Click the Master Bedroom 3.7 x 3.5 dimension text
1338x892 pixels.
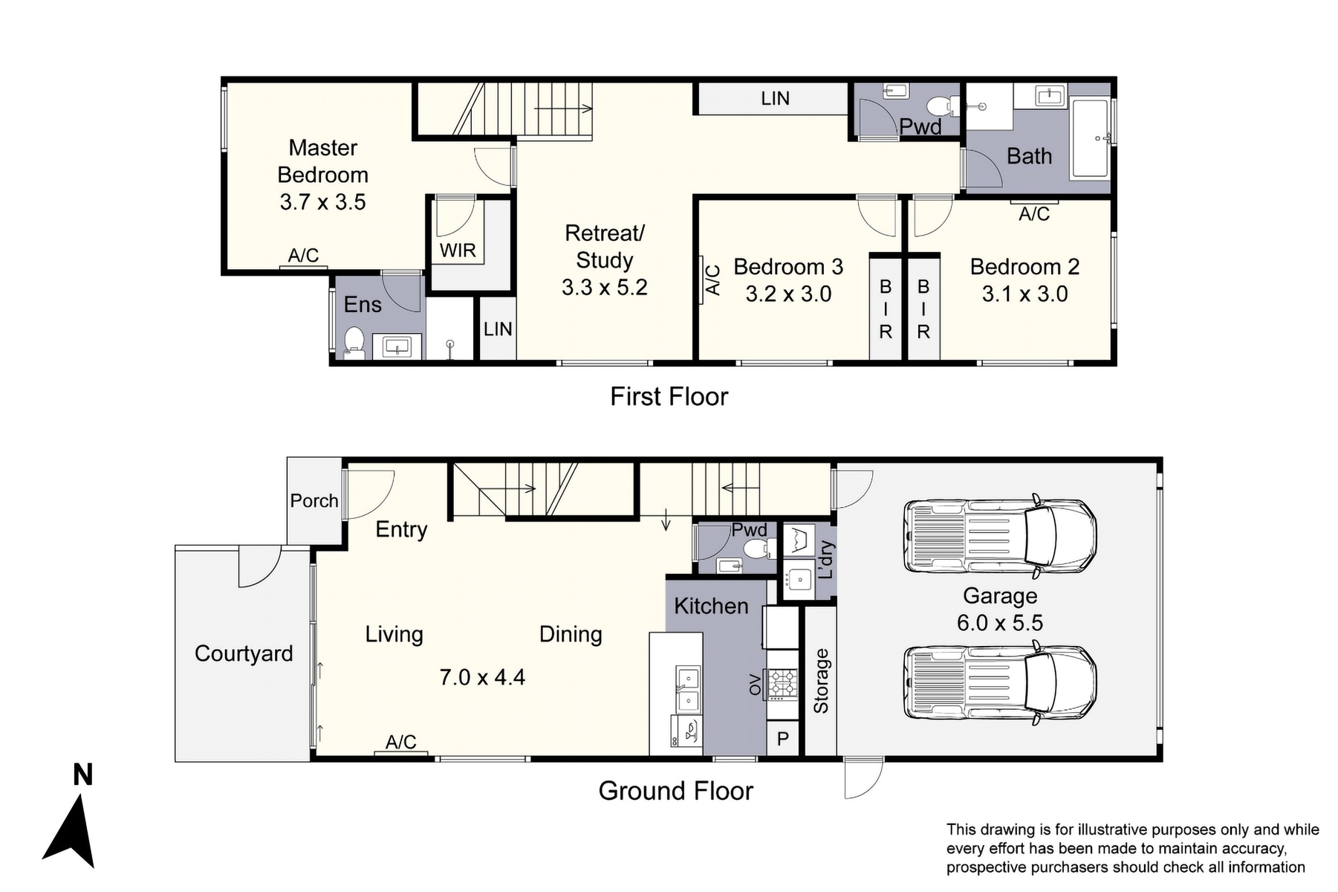(x=322, y=202)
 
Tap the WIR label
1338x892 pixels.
(x=458, y=251)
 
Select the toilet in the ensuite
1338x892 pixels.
(x=354, y=343)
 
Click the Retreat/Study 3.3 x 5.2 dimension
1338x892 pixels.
(x=604, y=288)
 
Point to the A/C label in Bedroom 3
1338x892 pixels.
(x=712, y=280)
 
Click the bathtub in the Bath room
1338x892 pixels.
(x=1090, y=139)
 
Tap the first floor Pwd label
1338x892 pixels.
(x=920, y=127)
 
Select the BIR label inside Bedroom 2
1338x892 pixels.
(x=923, y=309)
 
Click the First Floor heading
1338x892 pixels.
(x=669, y=397)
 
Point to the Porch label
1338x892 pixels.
(x=314, y=501)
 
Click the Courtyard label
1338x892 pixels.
(x=244, y=653)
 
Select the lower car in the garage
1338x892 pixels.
(x=1000, y=682)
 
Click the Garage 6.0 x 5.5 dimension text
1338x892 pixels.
(x=999, y=623)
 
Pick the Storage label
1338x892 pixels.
(x=821, y=681)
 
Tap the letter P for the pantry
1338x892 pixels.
(x=782, y=740)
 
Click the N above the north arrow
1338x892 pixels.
(x=82, y=775)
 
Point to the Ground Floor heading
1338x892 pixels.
(x=675, y=791)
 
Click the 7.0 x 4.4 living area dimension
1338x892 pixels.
(x=482, y=677)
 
